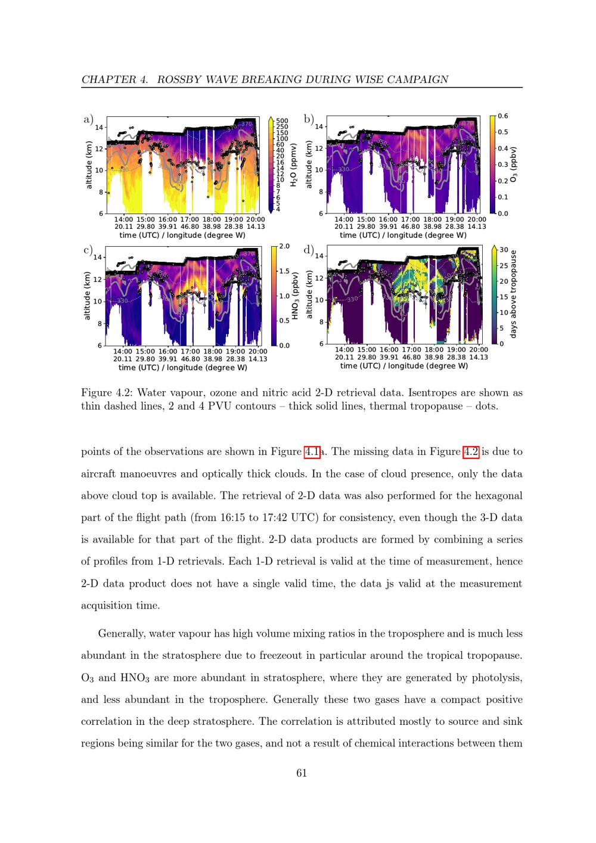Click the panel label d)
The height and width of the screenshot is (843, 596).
point(309,250)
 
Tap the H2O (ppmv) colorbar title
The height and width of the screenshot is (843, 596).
point(294,165)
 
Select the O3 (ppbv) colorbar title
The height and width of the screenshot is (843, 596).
point(513,164)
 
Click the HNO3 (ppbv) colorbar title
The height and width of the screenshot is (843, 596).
point(295,296)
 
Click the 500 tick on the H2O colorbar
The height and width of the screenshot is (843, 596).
point(282,121)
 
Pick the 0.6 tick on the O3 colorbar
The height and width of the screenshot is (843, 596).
point(502,116)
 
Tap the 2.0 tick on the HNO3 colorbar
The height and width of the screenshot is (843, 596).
point(284,246)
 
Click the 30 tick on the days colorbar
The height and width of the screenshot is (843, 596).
point(504,250)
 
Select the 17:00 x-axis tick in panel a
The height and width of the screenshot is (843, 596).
point(190,219)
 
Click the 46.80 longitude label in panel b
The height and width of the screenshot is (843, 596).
point(410,227)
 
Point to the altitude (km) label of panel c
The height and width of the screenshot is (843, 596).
point(87,296)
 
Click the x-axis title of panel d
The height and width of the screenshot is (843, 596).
point(403,366)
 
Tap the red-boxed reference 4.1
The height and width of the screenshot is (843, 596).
point(312,451)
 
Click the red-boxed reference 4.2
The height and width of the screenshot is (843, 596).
point(471,451)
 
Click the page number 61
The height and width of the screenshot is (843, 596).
point(302,773)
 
